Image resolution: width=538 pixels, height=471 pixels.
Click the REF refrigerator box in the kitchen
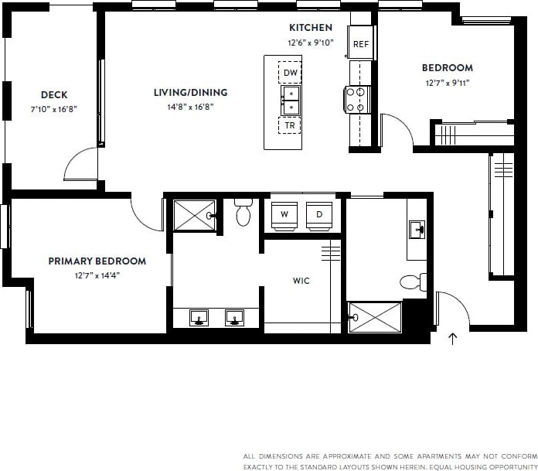pyautogui.click(x=360, y=43)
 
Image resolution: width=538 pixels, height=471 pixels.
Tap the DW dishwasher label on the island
pyautogui.click(x=290, y=73)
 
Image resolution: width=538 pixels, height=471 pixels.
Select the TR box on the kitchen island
pyautogui.click(x=290, y=125)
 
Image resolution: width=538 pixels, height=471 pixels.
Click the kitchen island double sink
pyautogui.click(x=290, y=99)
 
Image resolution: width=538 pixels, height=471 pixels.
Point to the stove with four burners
pyautogui.click(x=357, y=99)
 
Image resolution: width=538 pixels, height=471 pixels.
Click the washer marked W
pyautogui.click(x=284, y=214)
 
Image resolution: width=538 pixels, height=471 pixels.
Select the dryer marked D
pyautogui.click(x=319, y=214)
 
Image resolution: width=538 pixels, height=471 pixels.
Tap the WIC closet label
pyautogui.click(x=301, y=281)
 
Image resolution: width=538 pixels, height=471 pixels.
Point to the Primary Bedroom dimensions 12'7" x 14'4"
pyautogui.click(x=97, y=275)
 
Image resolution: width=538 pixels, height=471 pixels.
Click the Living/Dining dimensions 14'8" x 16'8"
pyautogui.click(x=190, y=107)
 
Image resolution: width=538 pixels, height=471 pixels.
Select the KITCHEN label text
pyautogui.click(x=311, y=28)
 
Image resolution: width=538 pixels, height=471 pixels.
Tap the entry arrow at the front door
pyautogui.click(x=453, y=337)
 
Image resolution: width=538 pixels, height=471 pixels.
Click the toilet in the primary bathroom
pyautogui.click(x=243, y=213)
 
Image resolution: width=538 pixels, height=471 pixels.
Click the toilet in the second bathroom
pyautogui.click(x=414, y=282)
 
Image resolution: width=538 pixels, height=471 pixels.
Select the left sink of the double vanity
pyautogui.click(x=199, y=316)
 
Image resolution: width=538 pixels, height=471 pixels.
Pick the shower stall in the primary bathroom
pyautogui.click(x=193, y=215)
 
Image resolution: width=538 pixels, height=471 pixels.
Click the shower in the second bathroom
pyautogui.click(x=375, y=317)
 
